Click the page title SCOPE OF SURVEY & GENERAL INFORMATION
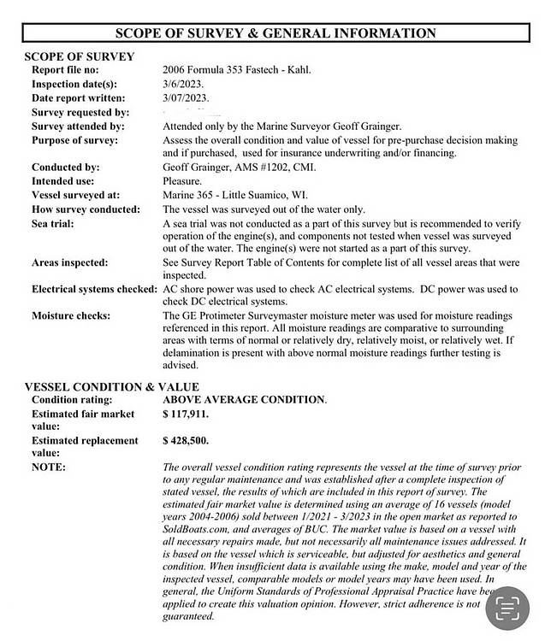tap(275, 33)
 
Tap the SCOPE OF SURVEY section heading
tap(79, 56)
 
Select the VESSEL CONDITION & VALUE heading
tap(111, 387)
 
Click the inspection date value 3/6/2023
tap(181, 84)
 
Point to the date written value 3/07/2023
tap(185, 98)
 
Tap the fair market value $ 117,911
tap(185, 414)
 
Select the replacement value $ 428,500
tap(185, 440)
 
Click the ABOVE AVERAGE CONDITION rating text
tap(244, 400)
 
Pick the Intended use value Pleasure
tap(182, 181)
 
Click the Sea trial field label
tap(53, 223)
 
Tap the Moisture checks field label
tap(71, 316)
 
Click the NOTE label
tap(49, 467)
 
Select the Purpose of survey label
tap(74, 139)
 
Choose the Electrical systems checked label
tap(94, 289)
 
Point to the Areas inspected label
tap(70, 262)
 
